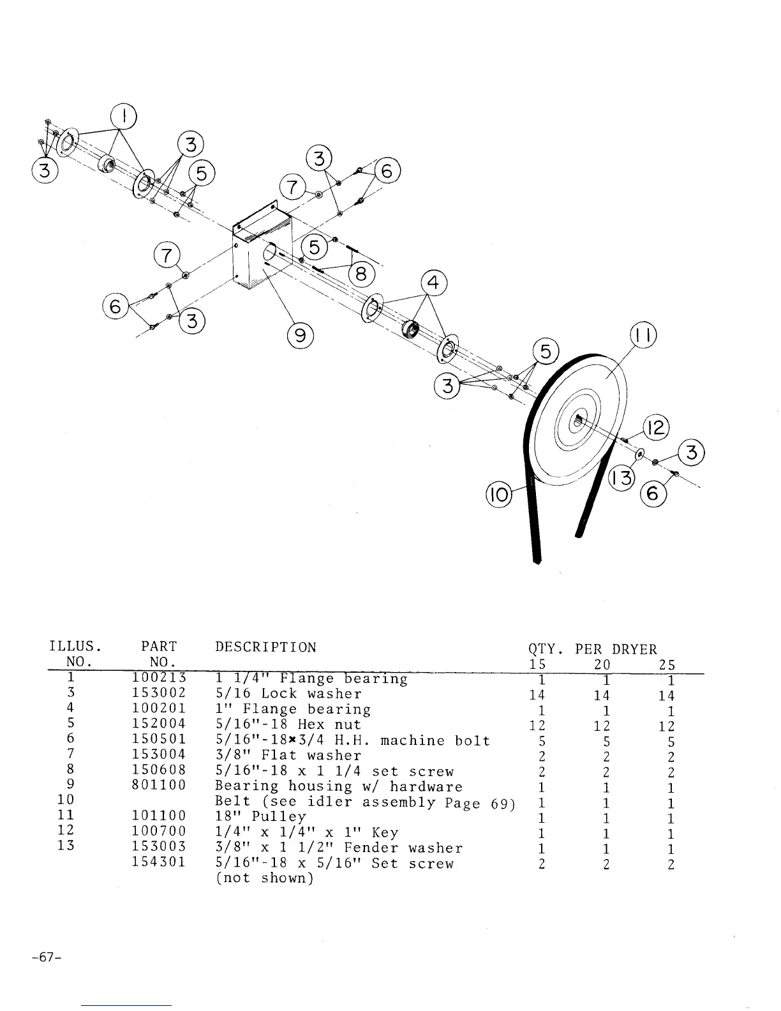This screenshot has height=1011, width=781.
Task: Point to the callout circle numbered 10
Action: coord(498,494)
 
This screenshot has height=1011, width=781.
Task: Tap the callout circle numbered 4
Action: coord(434,283)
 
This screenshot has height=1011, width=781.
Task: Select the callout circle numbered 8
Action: coord(361,274)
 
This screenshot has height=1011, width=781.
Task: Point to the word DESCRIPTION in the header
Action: coord(265,647)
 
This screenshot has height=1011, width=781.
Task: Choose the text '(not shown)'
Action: coord(264,878)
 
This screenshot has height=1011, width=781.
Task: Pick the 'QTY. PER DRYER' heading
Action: coord(592,649)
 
